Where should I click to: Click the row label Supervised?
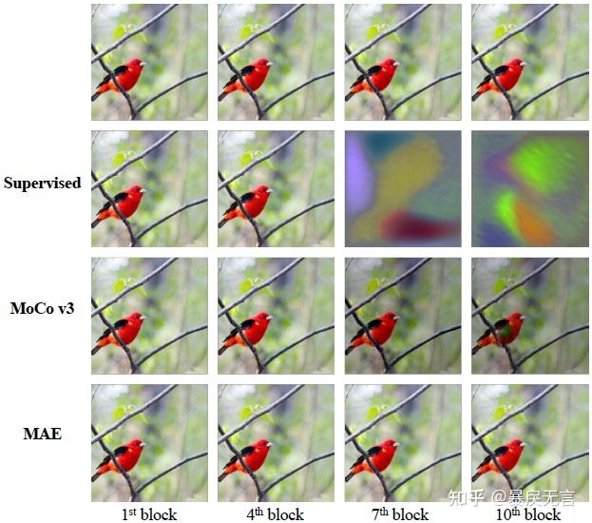coord(42,183)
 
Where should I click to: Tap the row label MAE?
coord(43,434)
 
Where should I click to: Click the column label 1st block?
coord(149,513)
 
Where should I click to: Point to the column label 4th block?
coord(276,513)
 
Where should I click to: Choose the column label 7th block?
coord(402,513)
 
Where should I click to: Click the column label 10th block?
coord(528,513)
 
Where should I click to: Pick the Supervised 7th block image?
coord(403,188)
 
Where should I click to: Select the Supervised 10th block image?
coord(529,188)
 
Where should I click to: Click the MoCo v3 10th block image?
coord(529,315)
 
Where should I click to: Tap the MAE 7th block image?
coord(403,442)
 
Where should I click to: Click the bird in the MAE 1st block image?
coord(122,456)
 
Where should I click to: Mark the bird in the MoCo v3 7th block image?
coord(374,329)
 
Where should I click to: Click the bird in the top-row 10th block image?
coord(501,77)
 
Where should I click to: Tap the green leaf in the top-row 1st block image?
coord(121,31)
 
